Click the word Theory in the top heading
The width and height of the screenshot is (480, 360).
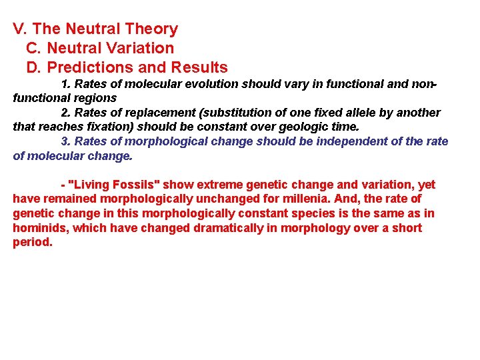point(153,29)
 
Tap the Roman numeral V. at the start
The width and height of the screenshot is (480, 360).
point(20,29)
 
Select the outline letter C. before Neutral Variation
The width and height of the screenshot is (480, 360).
point(34,49)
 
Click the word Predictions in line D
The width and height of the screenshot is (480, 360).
point(87,68)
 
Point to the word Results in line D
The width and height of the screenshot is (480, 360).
point(199,68)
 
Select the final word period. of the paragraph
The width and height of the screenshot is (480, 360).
point(33,243)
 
